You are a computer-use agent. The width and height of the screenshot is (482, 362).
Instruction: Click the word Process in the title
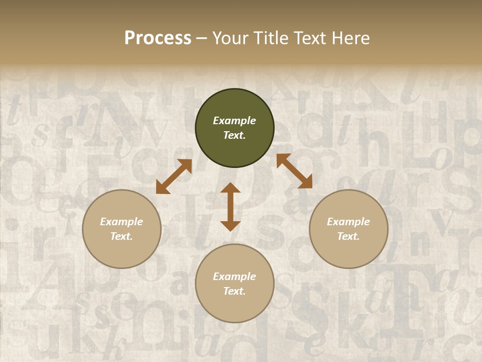click(158, 38)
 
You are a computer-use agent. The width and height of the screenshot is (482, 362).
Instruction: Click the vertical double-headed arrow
click(230, 207)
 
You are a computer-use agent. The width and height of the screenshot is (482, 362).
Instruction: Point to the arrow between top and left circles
click(174, 176)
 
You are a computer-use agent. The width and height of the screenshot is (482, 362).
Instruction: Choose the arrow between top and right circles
click(294, 171)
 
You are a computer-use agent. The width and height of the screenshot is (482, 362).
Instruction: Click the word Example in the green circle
click(234, 121)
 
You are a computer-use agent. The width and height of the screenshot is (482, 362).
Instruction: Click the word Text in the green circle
click(234, 135)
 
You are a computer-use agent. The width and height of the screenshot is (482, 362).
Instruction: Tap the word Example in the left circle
click(122, 222)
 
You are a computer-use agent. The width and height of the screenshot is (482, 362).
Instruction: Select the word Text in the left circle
click(122, 236)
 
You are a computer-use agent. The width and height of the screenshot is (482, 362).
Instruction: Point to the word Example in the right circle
click(348, 222)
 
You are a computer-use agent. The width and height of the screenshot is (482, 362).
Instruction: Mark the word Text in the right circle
click(348, 236)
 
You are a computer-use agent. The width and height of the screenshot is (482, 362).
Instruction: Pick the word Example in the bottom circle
click(234, 277)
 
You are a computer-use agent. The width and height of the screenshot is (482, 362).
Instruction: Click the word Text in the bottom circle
click(234, 291)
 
